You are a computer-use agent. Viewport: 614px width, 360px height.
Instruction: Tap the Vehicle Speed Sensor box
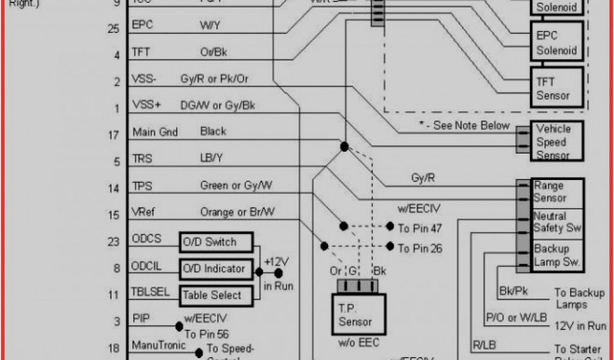[x=557, y=142]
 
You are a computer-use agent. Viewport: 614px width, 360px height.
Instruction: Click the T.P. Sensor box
[x=356, y=314]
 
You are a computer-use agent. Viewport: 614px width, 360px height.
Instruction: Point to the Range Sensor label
[x=550, y=192]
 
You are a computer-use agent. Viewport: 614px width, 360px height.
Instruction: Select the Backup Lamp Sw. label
[x=552, y=255]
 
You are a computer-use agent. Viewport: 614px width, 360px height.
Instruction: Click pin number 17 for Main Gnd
[x=113, y=135]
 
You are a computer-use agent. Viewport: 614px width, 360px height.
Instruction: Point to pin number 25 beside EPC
[x=113, y=28]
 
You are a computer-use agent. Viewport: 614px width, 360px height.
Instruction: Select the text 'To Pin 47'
[x=420, y=228]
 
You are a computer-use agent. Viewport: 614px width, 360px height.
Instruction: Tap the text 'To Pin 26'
[x=420, y=247]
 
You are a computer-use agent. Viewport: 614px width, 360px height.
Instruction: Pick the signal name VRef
[x=144, y=212]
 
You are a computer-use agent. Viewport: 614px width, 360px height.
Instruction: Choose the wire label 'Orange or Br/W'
[x=237, y=212]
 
